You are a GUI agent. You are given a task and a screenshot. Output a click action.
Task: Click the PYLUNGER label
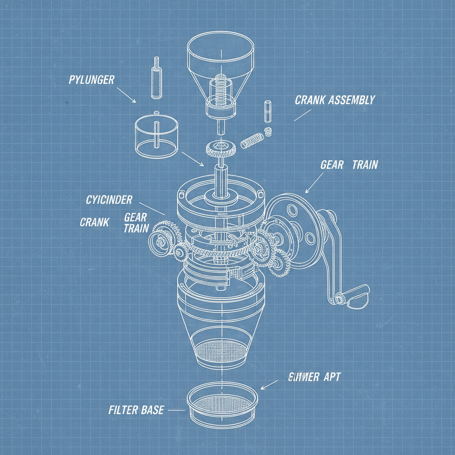coord(92,80)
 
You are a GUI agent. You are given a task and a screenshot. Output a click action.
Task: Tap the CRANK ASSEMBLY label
coord(335,100)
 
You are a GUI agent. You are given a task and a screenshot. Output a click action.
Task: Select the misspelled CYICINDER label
coord(109,200)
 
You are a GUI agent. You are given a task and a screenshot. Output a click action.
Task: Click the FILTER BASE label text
coord(136,410)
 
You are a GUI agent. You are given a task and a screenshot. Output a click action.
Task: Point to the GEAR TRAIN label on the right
coord(349,165)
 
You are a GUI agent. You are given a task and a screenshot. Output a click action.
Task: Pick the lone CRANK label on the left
coord(94,222)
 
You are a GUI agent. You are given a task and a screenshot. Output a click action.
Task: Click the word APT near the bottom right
coord(331,377)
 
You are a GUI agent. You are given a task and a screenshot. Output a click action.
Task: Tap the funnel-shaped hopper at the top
coord(220,67)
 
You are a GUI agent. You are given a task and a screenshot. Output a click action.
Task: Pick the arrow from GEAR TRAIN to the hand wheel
coord(313,183)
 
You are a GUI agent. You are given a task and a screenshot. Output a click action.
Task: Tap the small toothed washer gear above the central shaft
coord(220,148)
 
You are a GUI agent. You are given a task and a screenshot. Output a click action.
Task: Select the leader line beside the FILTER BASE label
coord(177,410)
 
